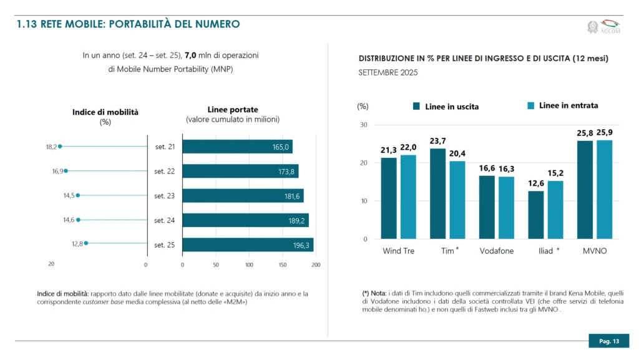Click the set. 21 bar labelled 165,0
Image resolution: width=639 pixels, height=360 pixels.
point(237,147)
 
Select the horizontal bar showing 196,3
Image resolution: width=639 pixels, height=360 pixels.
point(247,245)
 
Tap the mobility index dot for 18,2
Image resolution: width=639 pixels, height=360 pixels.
point(60,147)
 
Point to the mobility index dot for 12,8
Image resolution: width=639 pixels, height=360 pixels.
point(86,243)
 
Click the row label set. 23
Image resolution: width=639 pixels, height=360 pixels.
point(165,196)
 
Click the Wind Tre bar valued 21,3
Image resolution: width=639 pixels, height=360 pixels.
point(389,198)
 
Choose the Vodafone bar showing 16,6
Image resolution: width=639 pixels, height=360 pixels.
point(487,207)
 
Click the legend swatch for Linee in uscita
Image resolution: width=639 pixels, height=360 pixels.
point(417,106)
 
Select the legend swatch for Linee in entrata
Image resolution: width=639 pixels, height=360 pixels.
point(530,106)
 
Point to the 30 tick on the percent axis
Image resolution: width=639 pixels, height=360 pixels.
point(364,125)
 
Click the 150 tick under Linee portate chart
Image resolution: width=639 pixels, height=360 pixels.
point(282,265)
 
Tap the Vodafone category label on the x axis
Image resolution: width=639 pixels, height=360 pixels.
point(496,251)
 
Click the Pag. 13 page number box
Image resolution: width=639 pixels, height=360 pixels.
point(608,341)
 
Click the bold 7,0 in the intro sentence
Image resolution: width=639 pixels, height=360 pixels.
point(191,56)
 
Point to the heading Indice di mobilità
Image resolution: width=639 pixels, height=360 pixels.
point(105,112)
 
